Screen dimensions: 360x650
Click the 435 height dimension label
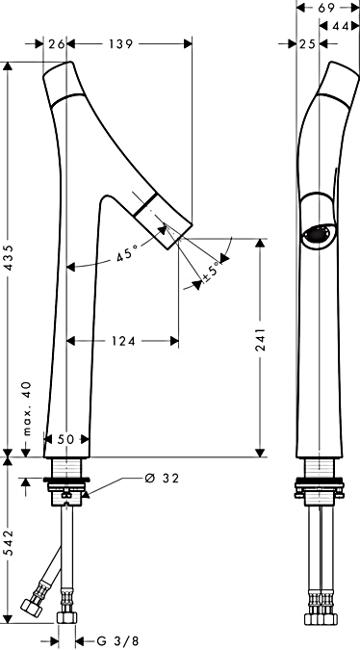coord(10,258)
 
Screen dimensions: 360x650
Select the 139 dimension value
coord(121,44)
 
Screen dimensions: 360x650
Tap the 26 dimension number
coord(56,44)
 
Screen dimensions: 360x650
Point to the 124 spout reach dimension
coord(123,341)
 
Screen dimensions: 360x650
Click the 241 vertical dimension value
coord(261,340)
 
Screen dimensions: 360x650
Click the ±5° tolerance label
coord(210,272)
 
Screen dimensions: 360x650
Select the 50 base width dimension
coord(65,439)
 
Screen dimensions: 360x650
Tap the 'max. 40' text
coord(27,408)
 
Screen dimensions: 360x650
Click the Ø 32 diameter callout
coord(162,479)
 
